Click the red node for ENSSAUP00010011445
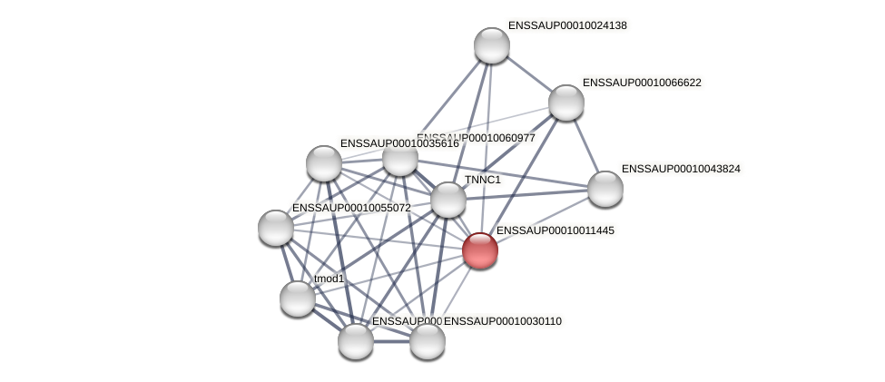(x=479, y=250)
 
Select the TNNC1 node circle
(x=447, y=200)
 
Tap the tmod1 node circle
(x=297, y=298)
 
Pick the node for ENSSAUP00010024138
(x=491, y=45)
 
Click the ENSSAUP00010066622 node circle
(x=565, y=103)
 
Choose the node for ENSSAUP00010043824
(x=605, y=189)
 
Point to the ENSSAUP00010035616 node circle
(x=323, y=163)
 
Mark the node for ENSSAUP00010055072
(x=275, y=227)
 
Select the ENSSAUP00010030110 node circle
(x=427, y=341)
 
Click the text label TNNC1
(x=482, y=180)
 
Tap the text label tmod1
(x=329, y=279)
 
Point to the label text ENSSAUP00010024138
(x=567, y=25)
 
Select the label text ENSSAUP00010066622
(x=642, y=83)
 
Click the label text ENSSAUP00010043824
(x=681, y=169)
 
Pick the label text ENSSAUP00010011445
(x=555, y=230)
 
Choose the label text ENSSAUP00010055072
(x=350, y=208)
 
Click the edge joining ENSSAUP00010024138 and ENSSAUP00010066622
(x=528, y=73)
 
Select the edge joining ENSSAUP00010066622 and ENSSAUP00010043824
(x=585, y=146)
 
